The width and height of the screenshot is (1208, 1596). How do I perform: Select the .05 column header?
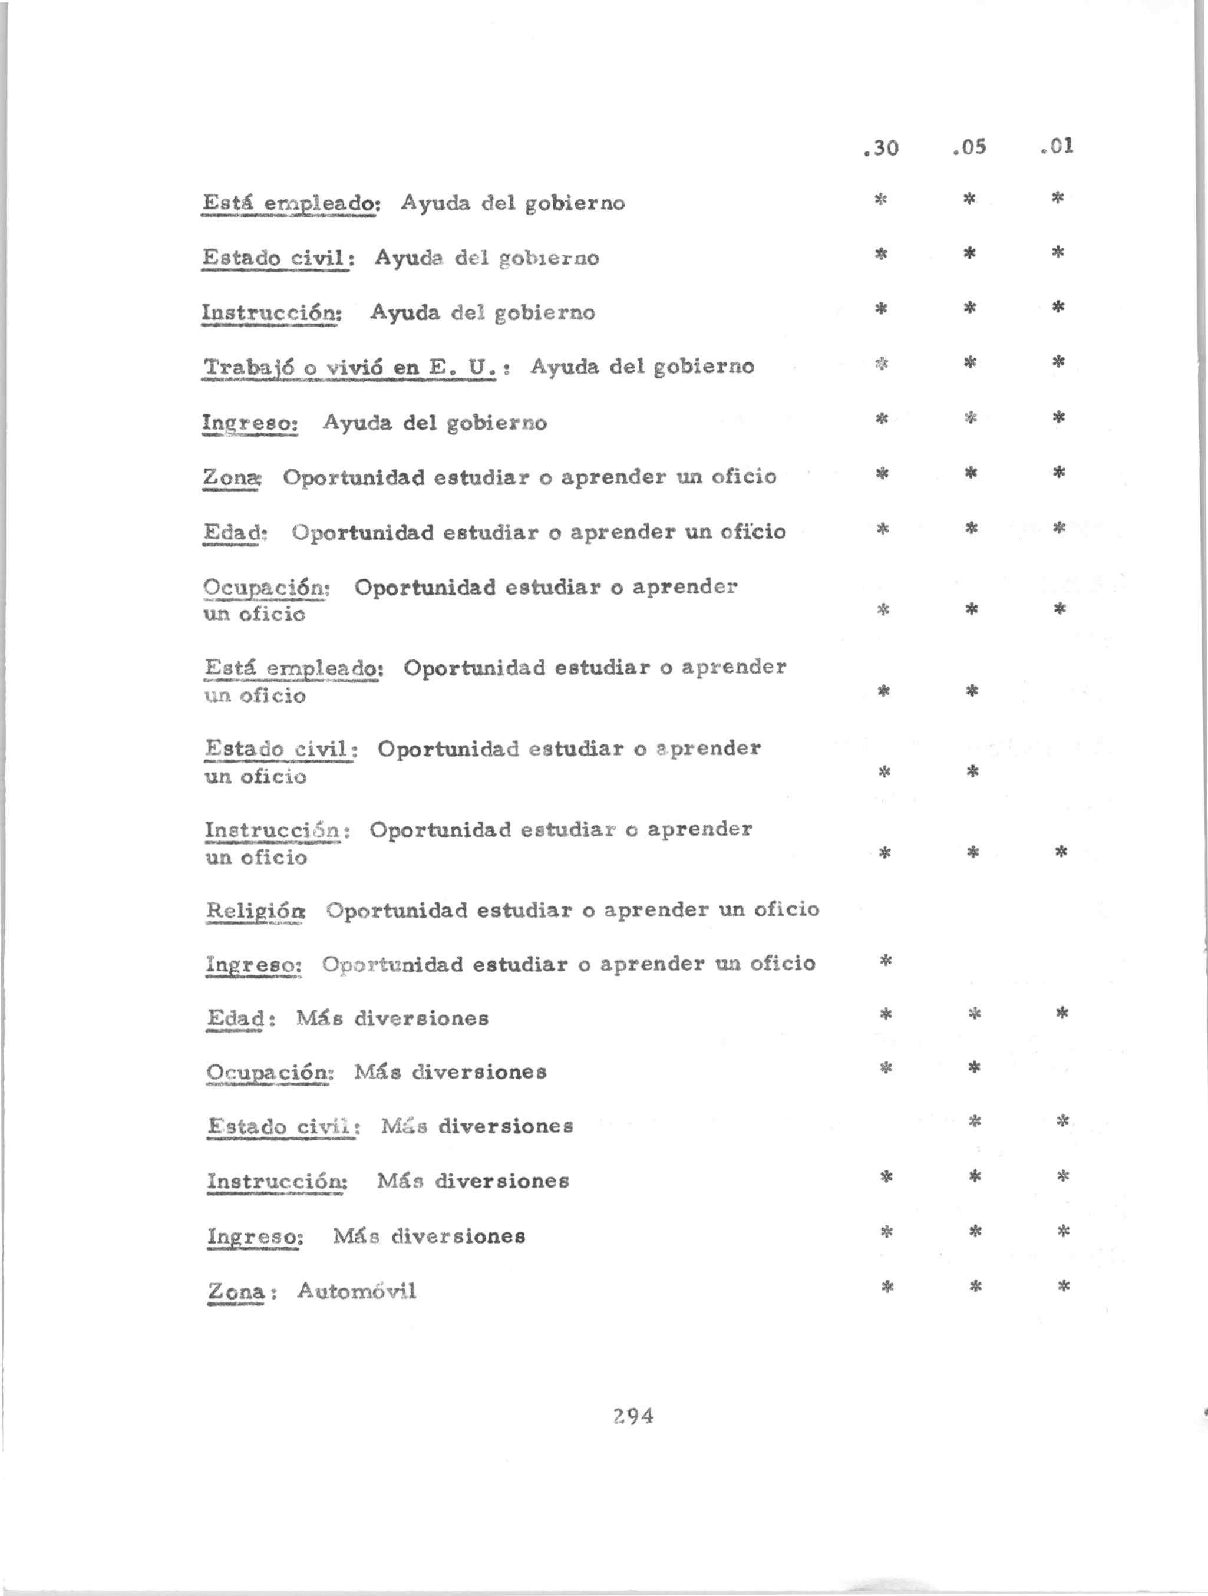969,148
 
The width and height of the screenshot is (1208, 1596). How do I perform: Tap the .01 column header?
1057,147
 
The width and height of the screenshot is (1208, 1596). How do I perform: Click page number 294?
632,1416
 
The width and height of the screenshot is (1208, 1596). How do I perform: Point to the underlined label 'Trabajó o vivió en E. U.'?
351,367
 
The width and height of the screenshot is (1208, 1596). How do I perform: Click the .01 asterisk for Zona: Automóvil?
1062,1286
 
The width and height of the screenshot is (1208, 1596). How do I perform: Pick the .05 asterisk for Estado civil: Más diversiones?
974,1121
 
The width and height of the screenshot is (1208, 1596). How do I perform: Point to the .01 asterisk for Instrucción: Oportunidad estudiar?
1061,852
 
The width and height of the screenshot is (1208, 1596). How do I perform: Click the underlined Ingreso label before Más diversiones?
255,1236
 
